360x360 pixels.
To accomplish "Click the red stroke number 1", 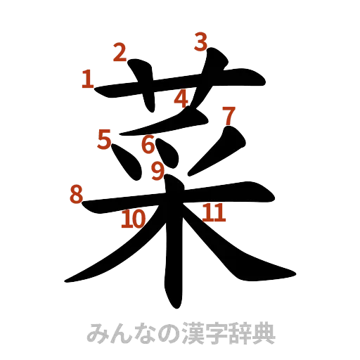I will pos(88,79).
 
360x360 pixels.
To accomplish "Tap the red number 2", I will pos(120,51).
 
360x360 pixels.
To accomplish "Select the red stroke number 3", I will pos(201,43).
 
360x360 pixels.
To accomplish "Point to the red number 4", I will pos(181,99).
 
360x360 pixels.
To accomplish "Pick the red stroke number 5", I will pos(105,139).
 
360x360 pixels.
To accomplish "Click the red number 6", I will pos(148,145).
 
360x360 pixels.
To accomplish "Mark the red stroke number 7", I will pos(229,113).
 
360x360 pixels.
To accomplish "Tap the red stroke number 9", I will pos(157,169).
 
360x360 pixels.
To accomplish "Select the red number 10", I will pos(133,219).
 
